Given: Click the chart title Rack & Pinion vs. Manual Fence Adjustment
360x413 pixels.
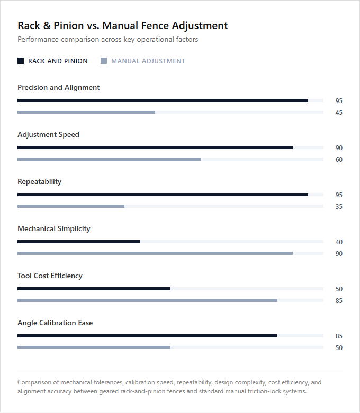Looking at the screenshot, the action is (123, 25).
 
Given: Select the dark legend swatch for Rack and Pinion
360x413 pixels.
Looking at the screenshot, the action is (21, 61).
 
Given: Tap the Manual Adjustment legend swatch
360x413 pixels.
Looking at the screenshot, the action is (104, 61).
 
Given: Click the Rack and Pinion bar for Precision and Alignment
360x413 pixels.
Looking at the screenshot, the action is (163, 100).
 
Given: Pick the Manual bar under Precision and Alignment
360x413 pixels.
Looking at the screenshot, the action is (86, 112).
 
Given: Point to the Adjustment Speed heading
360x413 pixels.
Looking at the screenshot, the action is (49, 135).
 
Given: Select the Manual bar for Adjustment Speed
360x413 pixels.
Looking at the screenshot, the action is (110, 159).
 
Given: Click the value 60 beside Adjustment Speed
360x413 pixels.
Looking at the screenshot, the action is (339, 160).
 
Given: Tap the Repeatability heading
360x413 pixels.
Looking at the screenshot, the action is (40, 181).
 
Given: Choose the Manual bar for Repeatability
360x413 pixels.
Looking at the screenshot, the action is (71, 206).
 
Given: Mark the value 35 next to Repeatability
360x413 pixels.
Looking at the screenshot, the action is (339, 207).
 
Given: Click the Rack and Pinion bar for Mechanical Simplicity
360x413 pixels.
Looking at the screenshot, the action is (78, 242).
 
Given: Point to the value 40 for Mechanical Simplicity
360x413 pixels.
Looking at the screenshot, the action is (339, 242).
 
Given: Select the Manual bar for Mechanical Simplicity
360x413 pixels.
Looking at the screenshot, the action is (155, 253).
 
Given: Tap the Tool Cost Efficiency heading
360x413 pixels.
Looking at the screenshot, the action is (50, 276).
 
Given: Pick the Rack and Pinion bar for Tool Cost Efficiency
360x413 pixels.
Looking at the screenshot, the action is (94, 289).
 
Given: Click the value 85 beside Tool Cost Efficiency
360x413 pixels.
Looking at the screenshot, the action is (339, 301).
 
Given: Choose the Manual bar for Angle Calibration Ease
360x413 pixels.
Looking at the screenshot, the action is (94, 347).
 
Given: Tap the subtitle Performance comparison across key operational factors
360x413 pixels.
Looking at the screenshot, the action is (108, 40).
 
